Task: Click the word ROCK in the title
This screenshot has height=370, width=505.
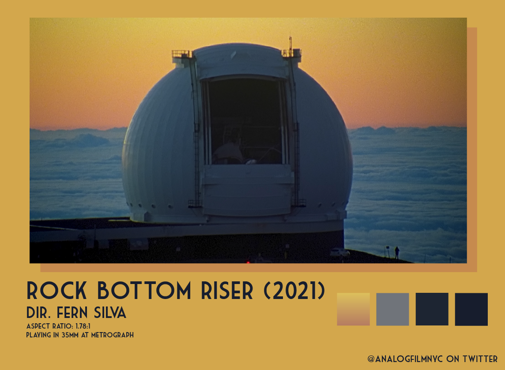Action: point(57,291)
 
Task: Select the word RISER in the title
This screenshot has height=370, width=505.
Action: point(227,291)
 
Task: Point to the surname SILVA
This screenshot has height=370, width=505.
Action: point(110,312)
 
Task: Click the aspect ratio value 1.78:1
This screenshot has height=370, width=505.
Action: point(83,326)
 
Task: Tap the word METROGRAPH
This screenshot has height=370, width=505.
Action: point(113,335)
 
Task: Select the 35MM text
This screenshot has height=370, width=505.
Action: point(70,335)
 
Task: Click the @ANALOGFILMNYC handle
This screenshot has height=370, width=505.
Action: point(405,359)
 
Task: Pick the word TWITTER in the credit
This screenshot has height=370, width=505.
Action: point(480,359)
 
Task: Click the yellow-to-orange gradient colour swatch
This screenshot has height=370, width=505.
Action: point(353,309)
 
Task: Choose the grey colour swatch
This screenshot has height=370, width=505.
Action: point(392,309)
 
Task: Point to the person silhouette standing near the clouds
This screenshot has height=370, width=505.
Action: point(397,253)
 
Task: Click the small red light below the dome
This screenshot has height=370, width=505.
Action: point(248,262)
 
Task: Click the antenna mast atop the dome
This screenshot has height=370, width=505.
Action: point(290,45)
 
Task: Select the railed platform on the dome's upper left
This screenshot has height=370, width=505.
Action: point(182,54)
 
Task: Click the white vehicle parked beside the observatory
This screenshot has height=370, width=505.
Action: point(340,252)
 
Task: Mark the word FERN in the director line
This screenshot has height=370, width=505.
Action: point(72,312)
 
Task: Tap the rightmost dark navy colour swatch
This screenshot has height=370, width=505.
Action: point(471,309)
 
